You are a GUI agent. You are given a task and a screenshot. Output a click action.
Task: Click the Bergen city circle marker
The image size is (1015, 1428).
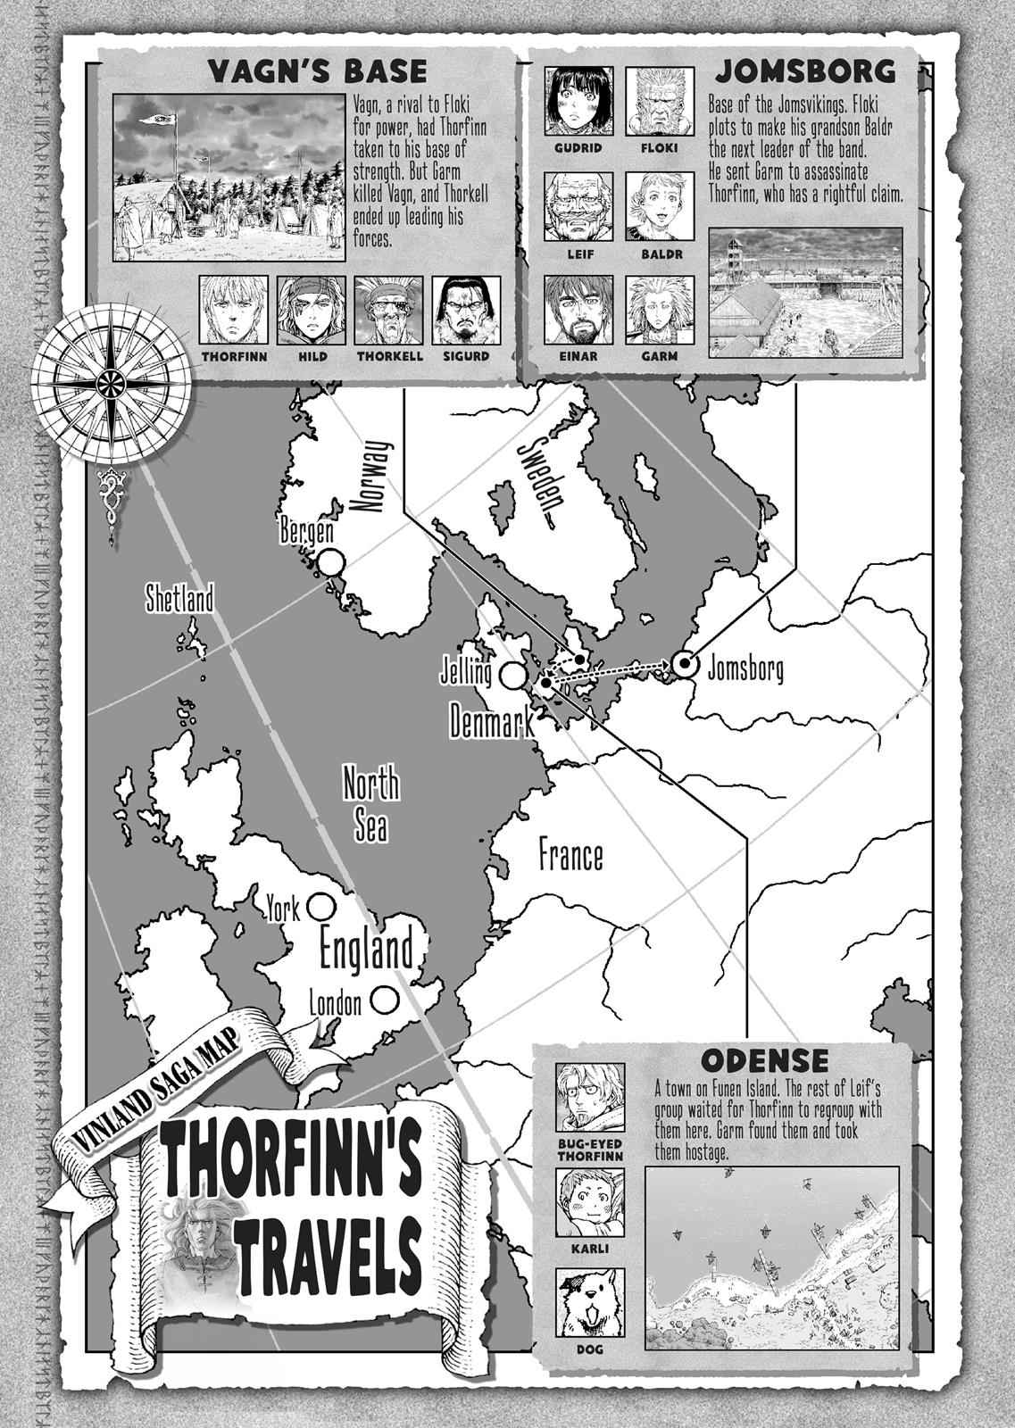330,563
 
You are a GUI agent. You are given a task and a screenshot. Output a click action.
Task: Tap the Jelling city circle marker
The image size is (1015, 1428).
512,676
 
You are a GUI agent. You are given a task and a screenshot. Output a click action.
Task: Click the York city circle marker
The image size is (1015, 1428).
317,907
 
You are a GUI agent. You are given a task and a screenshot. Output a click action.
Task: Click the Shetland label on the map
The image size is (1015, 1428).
181,599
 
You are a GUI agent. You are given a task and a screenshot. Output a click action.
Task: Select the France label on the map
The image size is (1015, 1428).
570,856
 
